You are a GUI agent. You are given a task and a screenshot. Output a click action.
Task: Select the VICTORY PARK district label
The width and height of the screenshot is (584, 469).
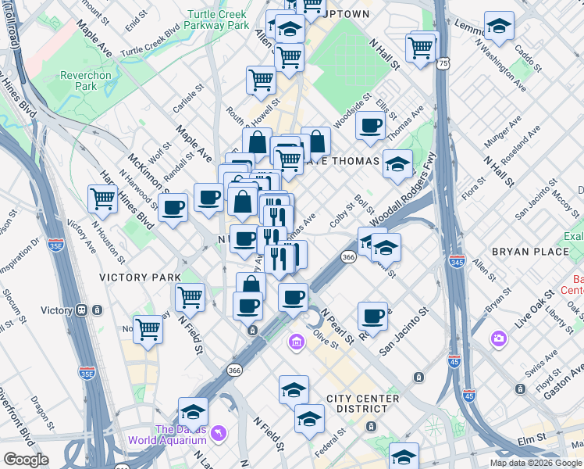click(140, 277)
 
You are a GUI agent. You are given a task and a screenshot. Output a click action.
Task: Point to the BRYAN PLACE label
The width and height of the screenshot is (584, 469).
click(523, 252)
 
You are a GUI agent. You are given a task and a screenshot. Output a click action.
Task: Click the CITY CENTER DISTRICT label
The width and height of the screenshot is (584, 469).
click(363, 399)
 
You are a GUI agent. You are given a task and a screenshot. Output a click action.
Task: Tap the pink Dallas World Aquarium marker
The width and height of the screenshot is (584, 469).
click(219, 431)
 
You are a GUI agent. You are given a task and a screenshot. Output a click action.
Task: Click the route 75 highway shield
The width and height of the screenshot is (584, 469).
click(443, 63)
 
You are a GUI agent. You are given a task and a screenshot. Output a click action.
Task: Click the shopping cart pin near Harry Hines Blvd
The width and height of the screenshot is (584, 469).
click(103, 199)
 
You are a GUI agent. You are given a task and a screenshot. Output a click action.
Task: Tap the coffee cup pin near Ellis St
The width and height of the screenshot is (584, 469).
click(370, 124)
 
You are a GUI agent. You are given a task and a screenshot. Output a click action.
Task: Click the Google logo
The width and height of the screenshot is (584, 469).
click(26, 460)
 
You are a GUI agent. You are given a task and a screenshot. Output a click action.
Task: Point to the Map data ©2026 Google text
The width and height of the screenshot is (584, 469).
click(536, 463)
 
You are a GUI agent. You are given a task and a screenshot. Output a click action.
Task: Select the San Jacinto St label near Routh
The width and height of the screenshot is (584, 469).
click(404, 330)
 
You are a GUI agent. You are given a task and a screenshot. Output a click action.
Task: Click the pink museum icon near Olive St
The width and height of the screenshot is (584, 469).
click(297, 342)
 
